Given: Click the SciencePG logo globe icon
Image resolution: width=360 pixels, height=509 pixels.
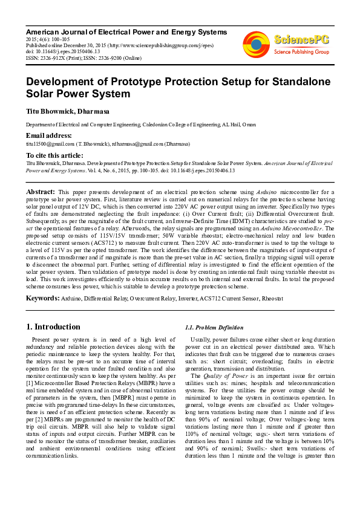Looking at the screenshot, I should [x=256, y=44].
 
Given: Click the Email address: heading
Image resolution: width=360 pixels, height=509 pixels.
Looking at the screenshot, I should [x=48, y=135].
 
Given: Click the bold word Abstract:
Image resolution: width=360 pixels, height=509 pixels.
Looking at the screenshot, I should [x=41, y=191].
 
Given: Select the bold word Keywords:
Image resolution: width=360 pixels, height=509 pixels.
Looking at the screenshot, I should [x=43, y=298].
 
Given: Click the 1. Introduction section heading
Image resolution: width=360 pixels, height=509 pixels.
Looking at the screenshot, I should [x=53, y=326].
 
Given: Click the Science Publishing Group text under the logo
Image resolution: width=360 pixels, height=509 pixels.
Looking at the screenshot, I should [x=301, y=52].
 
